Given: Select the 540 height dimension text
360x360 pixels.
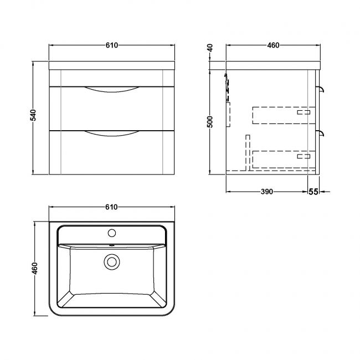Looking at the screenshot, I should [33, 115].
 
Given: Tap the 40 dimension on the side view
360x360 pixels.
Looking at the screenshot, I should [210, 48].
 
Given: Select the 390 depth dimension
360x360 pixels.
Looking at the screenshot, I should [266, 192].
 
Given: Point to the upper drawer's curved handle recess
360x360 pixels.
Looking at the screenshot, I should [111, 91].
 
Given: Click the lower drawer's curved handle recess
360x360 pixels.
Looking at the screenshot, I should [111, 133].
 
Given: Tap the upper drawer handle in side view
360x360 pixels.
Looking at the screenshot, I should [321, 89].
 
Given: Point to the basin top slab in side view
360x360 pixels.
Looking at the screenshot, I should [272, 65].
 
